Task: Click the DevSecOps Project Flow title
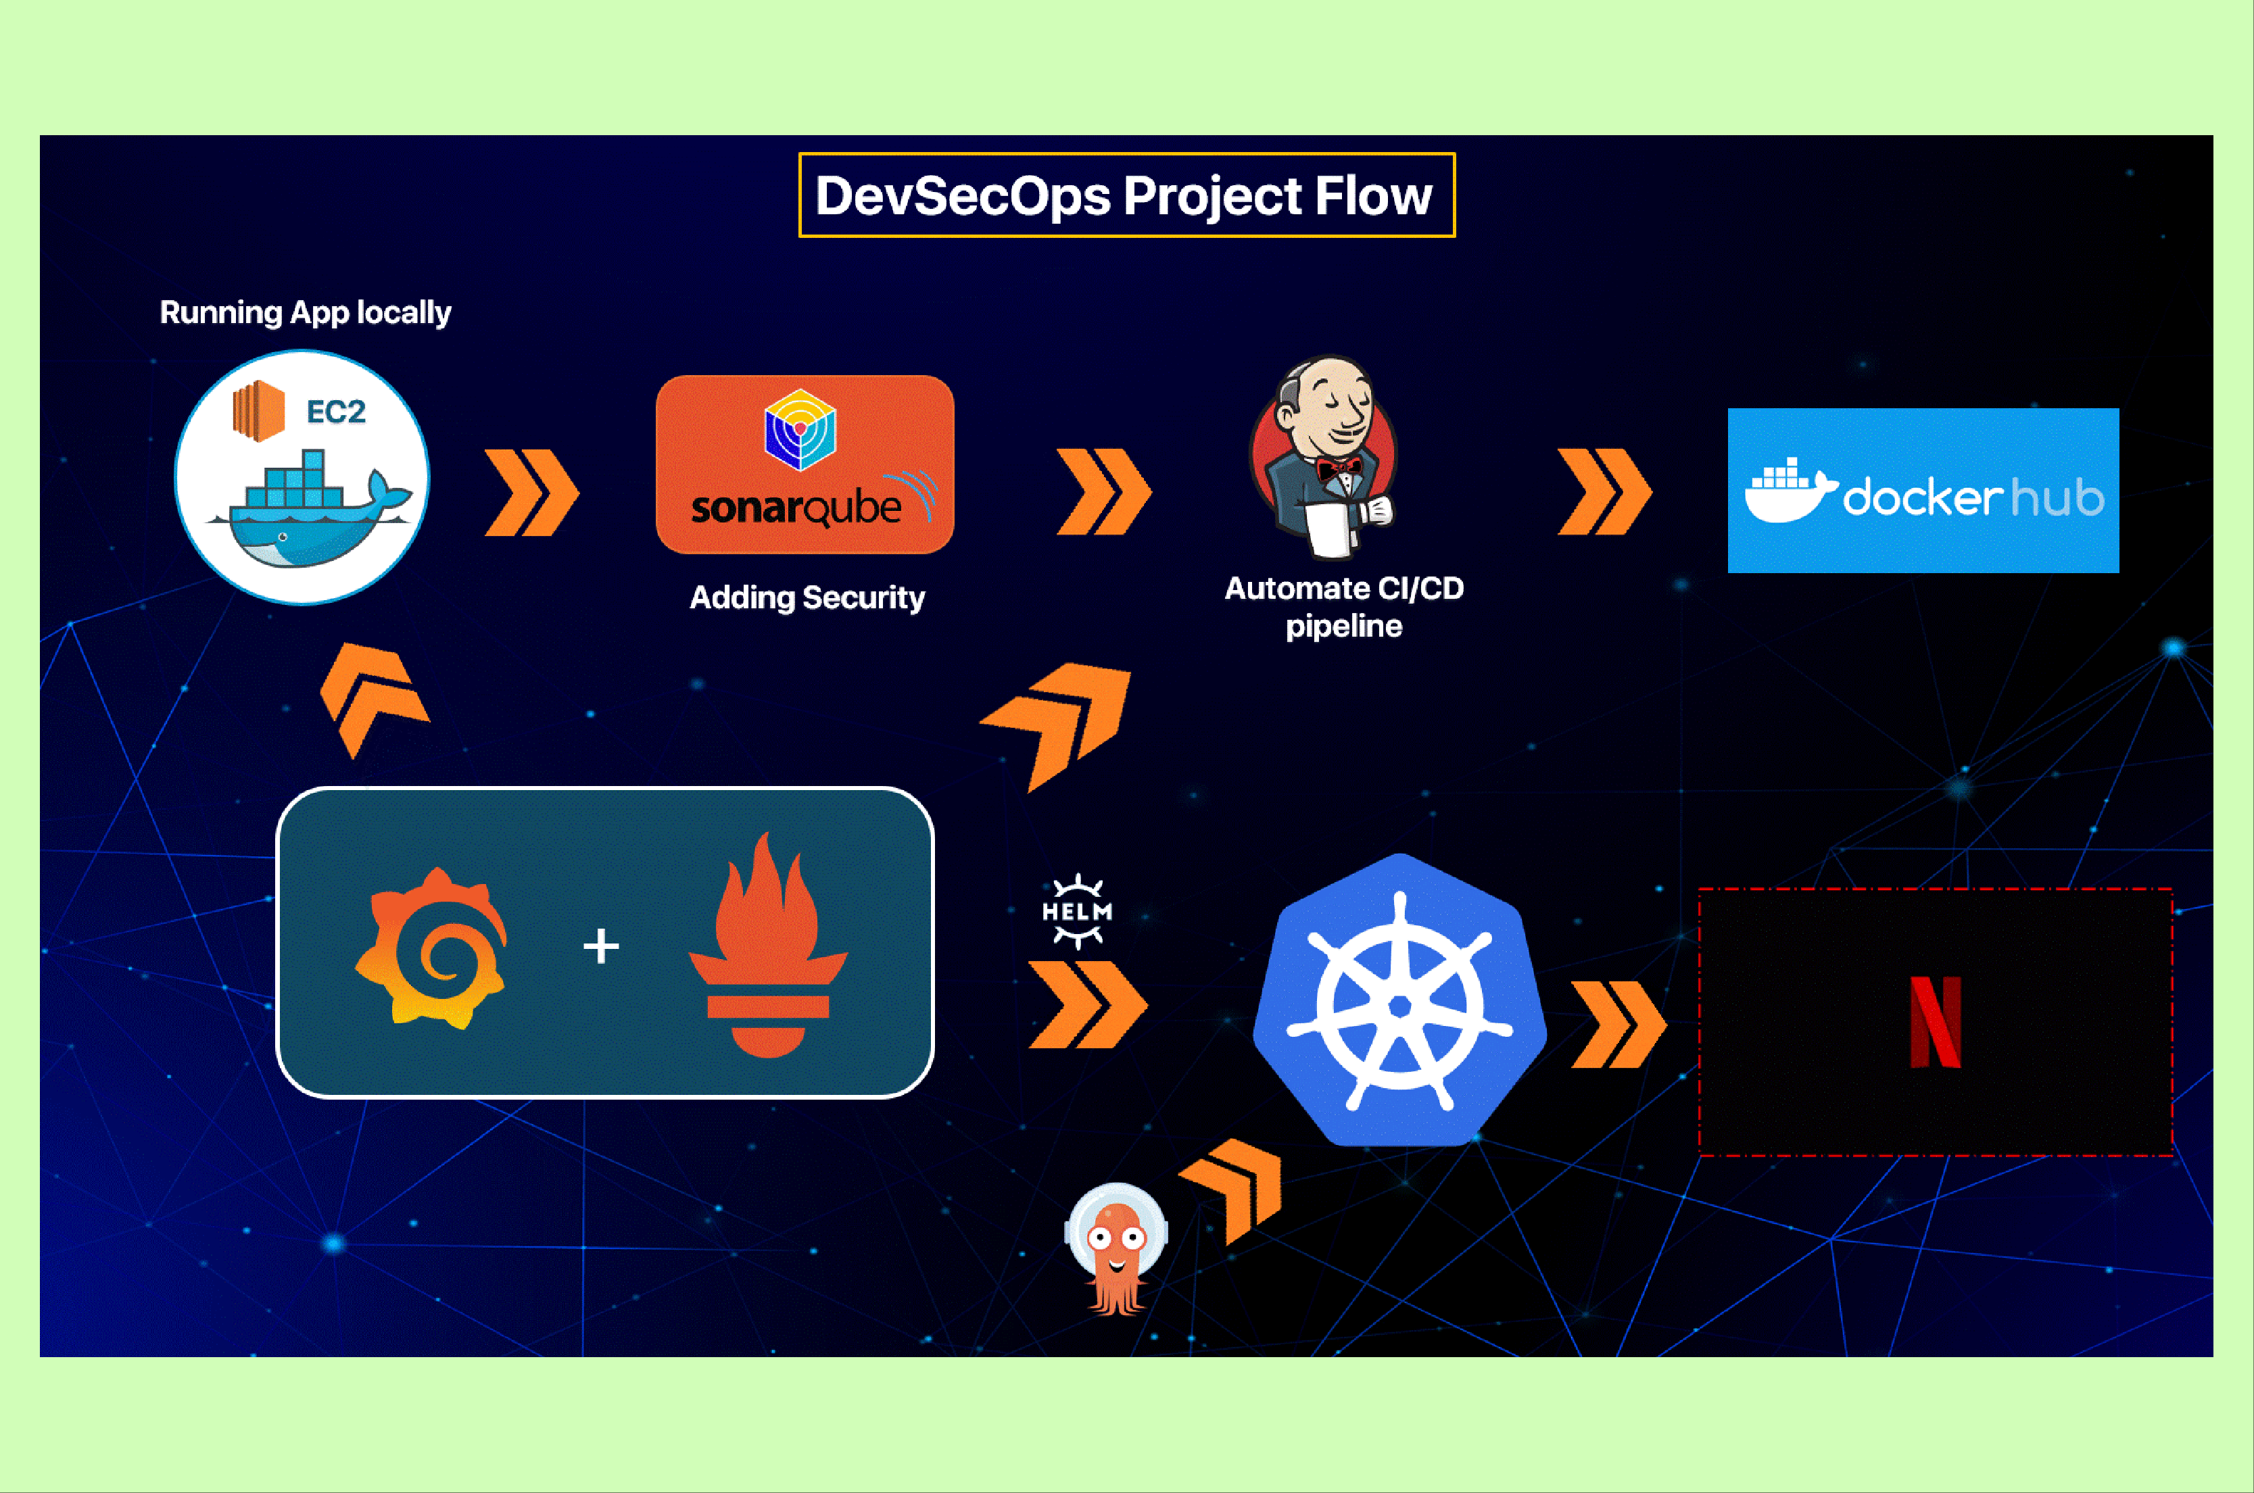point(1124,196)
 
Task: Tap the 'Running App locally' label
point(305,313)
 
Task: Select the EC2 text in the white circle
point(336,412)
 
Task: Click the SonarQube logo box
point(805,464)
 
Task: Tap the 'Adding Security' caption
point(807,598)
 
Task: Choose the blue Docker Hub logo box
point(1923,491)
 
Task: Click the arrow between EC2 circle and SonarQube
point(531,492)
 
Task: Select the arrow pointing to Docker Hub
point(1604,491)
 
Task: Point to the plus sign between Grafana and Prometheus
point(601,946)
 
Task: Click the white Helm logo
point(1077,911)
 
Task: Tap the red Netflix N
point(1936,1022)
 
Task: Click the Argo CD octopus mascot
point(1117,1249)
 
